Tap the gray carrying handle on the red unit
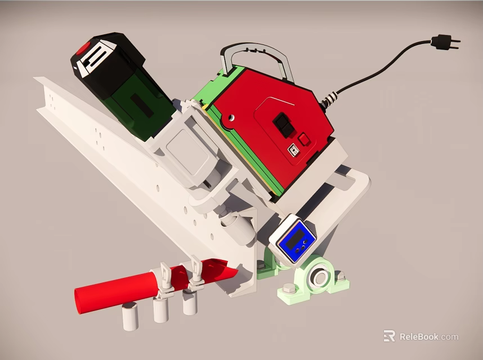[257, 53]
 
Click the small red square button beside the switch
[304, 139]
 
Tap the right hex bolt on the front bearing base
[339, 276]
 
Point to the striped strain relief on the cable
[330, 98]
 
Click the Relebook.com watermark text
[428, 337]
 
